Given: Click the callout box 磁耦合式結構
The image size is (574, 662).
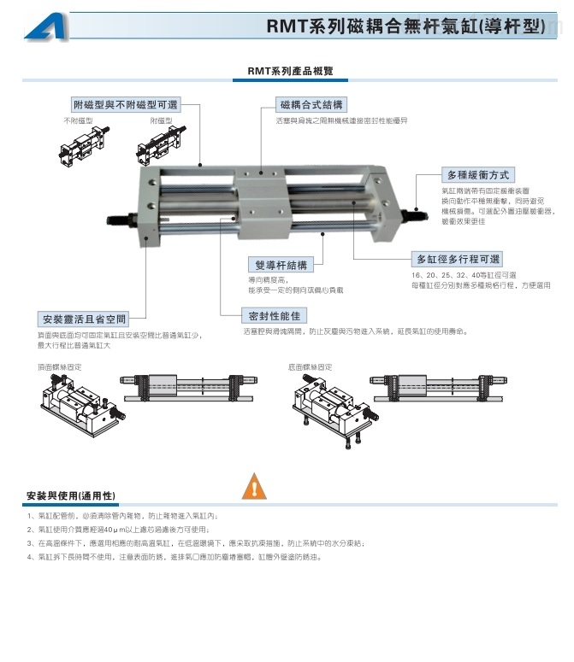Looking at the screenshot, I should (311, 104).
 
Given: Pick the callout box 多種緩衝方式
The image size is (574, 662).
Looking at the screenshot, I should (478, 173).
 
